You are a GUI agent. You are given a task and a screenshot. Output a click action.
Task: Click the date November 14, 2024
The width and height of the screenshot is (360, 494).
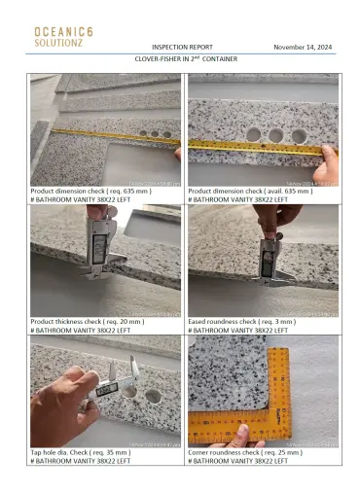303,47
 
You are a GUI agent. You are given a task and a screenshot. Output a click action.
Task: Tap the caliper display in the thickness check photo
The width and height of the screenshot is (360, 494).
99,246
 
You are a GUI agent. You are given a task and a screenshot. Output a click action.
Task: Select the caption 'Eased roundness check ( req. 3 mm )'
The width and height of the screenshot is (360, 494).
237,321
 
